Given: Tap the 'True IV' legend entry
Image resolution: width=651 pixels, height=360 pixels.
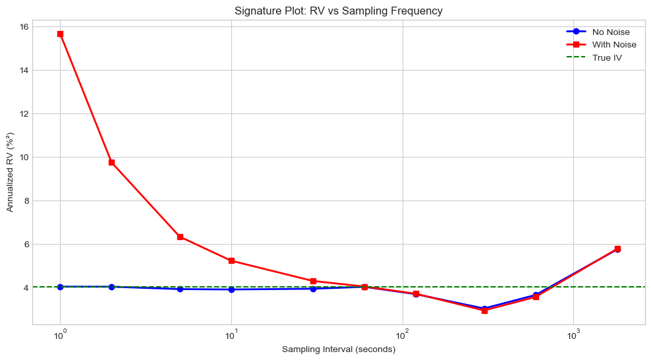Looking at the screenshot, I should click(607, 57).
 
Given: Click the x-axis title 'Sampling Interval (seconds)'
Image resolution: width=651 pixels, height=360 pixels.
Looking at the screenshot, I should click(338, 349).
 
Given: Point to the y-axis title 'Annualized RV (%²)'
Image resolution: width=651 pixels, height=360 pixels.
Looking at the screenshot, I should click(10, 172).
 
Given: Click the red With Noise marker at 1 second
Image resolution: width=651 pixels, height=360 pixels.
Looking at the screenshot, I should click(61, 34).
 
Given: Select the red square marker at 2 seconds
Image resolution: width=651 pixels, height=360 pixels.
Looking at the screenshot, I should click(112, 162).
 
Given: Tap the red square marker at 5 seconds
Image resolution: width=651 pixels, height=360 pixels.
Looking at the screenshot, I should click(180, 237).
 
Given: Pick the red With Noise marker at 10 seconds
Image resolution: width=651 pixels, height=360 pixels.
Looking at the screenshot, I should click(231, 260).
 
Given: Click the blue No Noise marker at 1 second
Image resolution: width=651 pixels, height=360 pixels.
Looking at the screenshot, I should click(61, 287).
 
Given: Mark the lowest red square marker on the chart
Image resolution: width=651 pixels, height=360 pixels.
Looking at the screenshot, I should click(484, 311).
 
